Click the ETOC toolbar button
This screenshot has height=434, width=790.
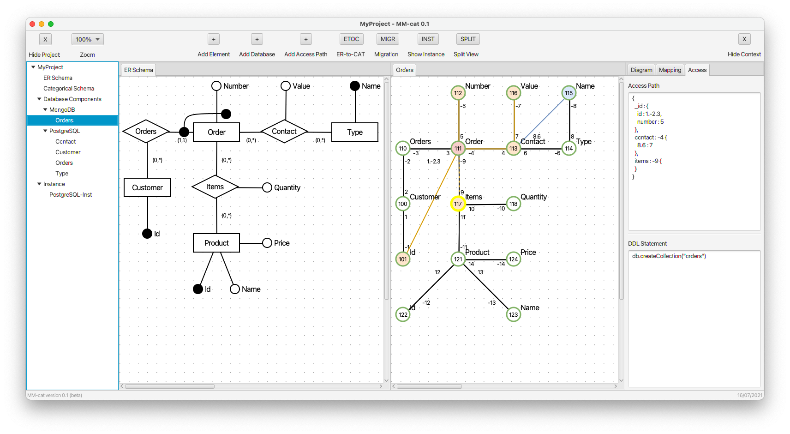[x=351, y=39]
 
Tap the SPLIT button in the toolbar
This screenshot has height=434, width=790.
[x=467, y=39]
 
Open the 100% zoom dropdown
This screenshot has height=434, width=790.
[x=88, y=39]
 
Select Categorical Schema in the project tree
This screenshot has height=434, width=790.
[x=69, y=88]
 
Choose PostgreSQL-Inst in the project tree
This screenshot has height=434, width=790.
[x=71, y=194]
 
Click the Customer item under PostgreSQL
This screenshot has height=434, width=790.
[x=68, y=152]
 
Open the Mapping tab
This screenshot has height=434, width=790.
[x=670, y=70]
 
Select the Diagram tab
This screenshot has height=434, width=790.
[x=641, y=70]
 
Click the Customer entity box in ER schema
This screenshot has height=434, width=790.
[x=147, y=187]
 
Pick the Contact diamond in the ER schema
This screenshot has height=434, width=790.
[x=284, y=131]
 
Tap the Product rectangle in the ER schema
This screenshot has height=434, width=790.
[x=216, y=243]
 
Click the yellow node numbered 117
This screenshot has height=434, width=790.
[x=458, y=204]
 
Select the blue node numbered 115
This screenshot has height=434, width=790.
[x=569, y=93]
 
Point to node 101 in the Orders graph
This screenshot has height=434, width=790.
[x=403, y=259]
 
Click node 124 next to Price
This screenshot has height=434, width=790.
[x=514, y=259]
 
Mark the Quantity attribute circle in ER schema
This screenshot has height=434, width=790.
[x=267, y=187]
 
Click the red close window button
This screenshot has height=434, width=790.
[x=32, y=24]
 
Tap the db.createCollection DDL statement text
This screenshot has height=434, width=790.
[x=669, y=256]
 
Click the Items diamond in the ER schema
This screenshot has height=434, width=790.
[x=215, y=187]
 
